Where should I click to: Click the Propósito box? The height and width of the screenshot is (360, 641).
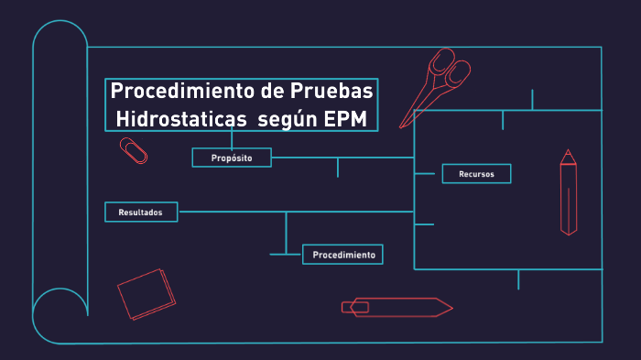(233, 158)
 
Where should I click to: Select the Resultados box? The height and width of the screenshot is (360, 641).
(141, 213)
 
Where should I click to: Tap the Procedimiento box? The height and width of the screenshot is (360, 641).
(342, 254)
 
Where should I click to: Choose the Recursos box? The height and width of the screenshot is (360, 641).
(476, 173)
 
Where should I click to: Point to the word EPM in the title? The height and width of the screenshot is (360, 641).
(347, 118)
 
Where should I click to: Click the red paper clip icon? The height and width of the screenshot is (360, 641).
(133, 150)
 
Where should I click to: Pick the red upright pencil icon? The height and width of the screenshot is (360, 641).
(569, 192)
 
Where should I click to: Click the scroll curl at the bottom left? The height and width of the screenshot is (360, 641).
(57, 317)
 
